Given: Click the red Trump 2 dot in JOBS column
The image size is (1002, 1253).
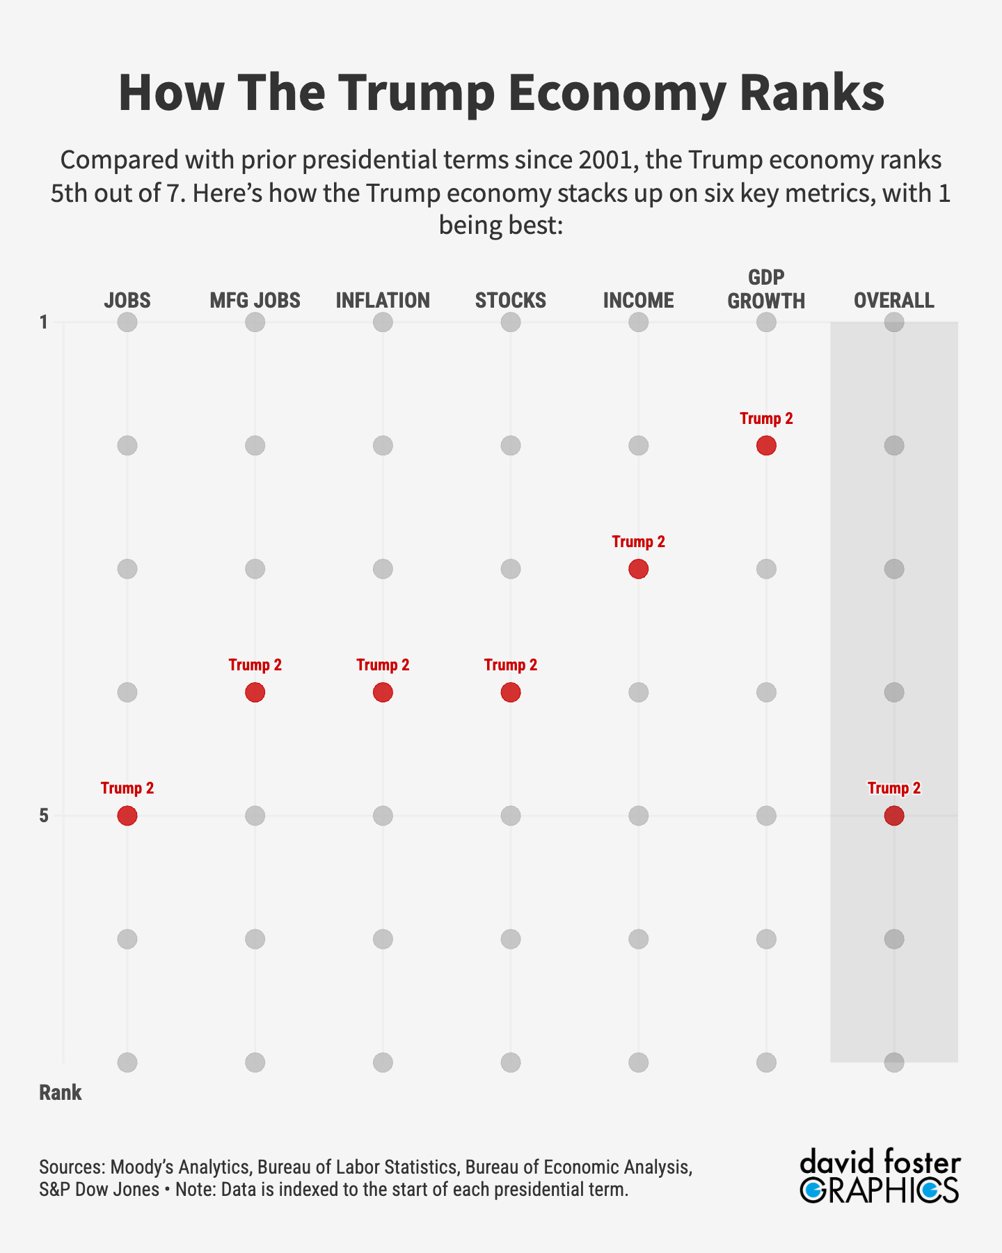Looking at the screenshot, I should tap(127, 815).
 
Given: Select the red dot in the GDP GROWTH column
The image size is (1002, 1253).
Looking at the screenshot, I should tap(766, 446).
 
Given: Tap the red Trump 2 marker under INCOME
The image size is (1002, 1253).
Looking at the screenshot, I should tap(638, 569).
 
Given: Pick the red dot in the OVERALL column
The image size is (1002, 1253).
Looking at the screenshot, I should tap(894, 815).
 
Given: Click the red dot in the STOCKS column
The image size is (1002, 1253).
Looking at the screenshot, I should tap(511, 692).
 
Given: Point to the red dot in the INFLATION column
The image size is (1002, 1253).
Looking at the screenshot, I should tap(383, 692).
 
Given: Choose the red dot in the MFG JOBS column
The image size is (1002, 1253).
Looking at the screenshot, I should tap(255, 692).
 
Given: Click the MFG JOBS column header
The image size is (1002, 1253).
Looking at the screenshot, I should tap(255, 301).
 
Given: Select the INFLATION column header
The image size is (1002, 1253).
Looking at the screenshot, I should tap(383, 301).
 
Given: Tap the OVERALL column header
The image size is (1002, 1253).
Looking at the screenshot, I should tap(894, 301).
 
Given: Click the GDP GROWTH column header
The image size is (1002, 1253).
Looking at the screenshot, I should tap(766, 290).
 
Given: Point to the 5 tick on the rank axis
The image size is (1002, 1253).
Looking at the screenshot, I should tap(44, 815).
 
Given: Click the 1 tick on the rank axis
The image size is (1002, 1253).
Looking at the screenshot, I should tap(44, 322).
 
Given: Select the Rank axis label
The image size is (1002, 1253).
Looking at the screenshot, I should tap(61, 1093).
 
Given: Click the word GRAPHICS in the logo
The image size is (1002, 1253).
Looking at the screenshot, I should tap(880, 1190).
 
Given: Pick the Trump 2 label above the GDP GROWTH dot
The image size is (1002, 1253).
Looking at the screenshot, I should tap(766, 418).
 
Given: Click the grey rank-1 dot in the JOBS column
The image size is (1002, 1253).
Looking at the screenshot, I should tap(127, 322).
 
